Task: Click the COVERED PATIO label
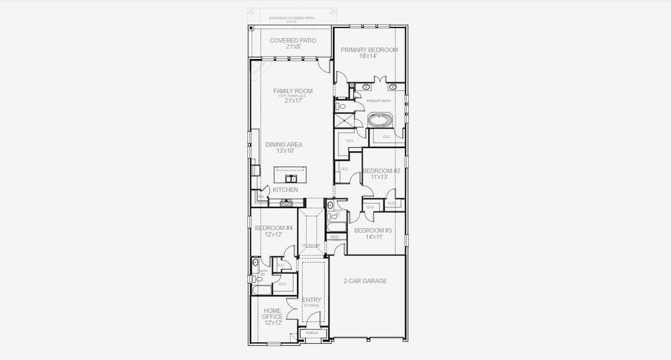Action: (x=293, y=40)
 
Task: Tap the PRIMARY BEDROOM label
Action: (x=369, y=50)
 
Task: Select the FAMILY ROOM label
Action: (x=293, y=91)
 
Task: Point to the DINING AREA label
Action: (x=284, y=145)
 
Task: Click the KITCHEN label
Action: (x=285, y=190)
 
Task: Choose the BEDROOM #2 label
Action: (x=381, y=170)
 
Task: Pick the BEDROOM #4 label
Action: (x=274, y=228)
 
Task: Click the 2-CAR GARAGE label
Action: (x=365, y=281)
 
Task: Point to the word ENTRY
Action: (x=311, y=300)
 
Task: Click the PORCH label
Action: (x=312, y=333)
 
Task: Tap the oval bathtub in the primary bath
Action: (x=380, y=120)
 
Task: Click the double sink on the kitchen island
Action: (x=291, y=178)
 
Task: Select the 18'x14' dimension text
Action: (x=369, y=56)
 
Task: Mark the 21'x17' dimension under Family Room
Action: (x=293, y=101)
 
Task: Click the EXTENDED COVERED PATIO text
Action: (x=291, y=18)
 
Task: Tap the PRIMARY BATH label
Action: (x=378, y=101)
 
